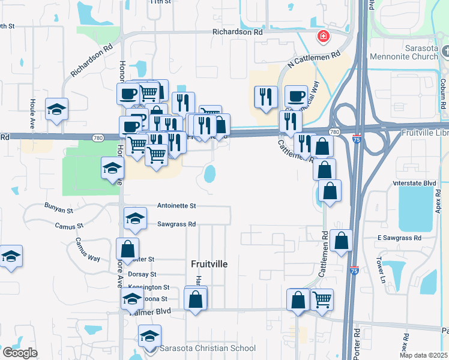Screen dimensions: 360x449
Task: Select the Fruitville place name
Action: pyautogui.click(x=209, y=263)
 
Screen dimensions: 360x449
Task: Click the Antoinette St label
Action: pyautogui.click(x=176, y=205)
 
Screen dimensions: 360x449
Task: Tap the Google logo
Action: pyautogui.click(x=19, y=353)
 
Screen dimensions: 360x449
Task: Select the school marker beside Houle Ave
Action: pyautogui.click(x=56, y=109)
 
